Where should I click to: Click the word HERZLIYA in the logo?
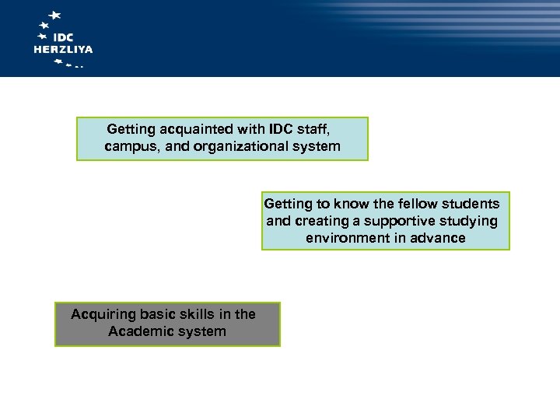click(x=63, y=49)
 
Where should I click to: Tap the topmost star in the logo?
click(x=54, y=15)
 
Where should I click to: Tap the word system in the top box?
click(x=315, y=146)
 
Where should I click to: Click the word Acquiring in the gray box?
click(x=100, y=314)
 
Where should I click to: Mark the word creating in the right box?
click(x=320, y=221)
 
